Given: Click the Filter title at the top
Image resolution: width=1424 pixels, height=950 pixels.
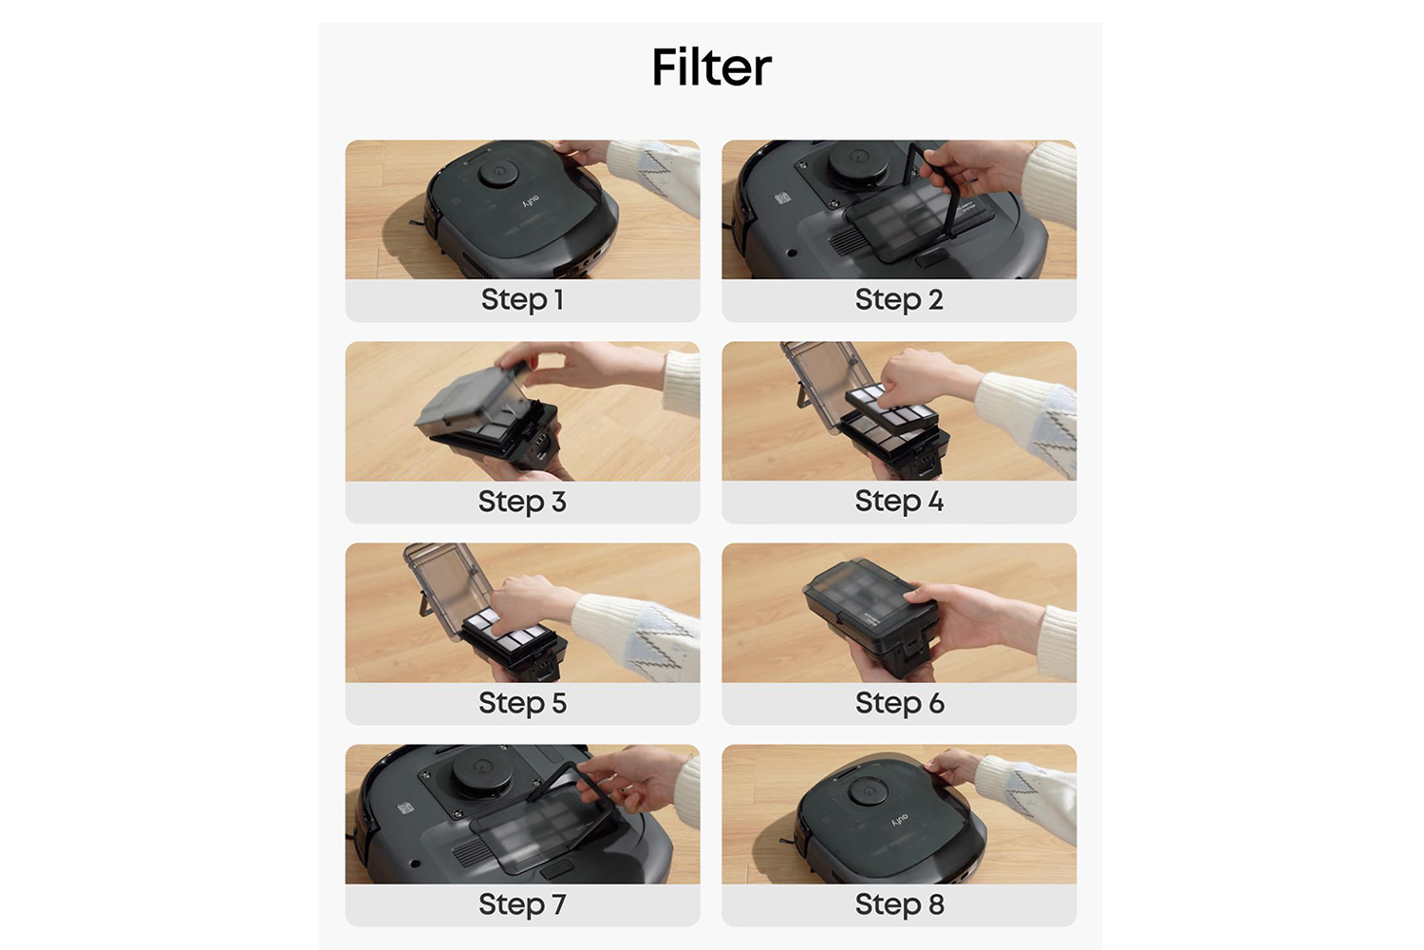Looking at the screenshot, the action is click(711, 67).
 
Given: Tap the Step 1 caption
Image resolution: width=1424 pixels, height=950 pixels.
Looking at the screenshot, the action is click(522, 299).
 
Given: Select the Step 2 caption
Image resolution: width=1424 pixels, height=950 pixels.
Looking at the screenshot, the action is click(899, 299).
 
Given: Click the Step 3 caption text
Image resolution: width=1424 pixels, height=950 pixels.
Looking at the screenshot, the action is click(522, 501).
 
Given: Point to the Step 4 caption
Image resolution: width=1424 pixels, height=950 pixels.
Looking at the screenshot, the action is click(899, 501).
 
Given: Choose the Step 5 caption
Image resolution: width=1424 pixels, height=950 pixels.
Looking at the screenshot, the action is click(522, 702).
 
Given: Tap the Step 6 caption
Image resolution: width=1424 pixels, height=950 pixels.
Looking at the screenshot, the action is click(900, 702).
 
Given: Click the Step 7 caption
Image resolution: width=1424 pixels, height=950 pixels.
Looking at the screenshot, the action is click(522, 903).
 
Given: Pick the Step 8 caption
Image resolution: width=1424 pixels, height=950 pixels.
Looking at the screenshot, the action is click(900, 903).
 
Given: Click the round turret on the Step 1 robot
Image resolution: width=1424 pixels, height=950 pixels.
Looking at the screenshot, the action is click(497, 171).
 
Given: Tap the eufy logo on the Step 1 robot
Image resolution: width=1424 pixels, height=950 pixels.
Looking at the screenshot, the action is click(531, 201).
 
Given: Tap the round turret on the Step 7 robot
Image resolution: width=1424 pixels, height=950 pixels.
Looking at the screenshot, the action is click(481, 769).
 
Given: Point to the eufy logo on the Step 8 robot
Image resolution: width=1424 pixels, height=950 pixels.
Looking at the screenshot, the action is click(900, 820).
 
